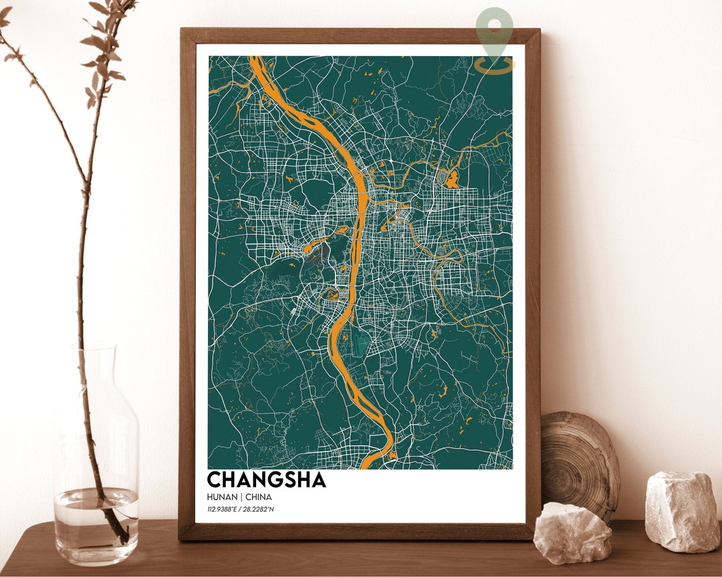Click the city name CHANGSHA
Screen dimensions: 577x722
(x=266, y=479)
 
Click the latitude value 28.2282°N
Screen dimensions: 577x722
(x=260, y=510)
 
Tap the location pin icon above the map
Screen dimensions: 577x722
(x=495, y=37)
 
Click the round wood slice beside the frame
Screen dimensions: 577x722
(x=578, y=461)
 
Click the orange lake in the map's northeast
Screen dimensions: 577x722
(x=453, y=179)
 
